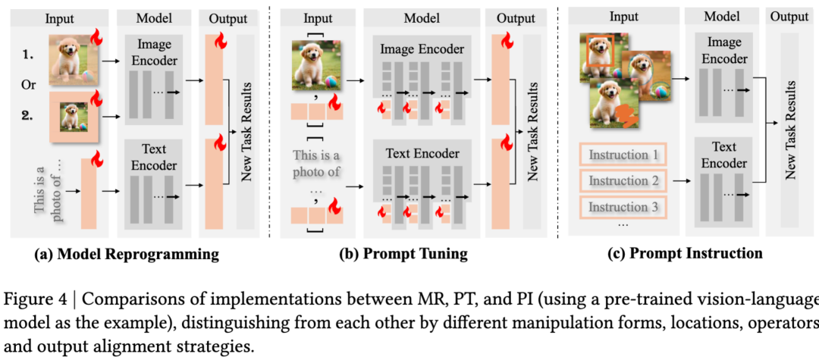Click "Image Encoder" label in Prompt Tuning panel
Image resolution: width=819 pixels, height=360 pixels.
coord(421,49)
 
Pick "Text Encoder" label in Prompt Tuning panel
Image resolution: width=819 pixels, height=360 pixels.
coord(422,154)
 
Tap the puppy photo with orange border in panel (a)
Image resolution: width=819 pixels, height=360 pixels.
coord(76,118)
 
